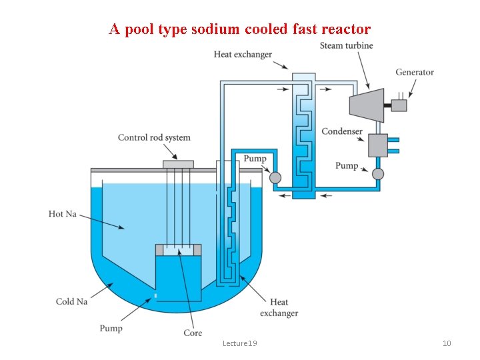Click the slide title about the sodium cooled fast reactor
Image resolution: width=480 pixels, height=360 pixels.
[x=240, y=29]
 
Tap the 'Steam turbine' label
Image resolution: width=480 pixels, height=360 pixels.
[x=346, y=45]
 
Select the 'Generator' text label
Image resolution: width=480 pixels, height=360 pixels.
[x=414, y=72]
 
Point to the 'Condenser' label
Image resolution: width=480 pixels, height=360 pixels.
[x=341, y=131]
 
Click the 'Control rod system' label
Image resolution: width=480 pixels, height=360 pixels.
[x=154, y=138]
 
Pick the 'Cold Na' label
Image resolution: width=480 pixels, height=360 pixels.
[x=71, y=301]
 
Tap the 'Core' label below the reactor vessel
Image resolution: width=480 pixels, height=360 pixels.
[x=193, y=333]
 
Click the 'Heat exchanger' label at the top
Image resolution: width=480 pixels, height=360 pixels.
[x=243, y=54]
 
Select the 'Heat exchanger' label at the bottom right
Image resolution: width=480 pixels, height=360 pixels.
[x=279, y=308]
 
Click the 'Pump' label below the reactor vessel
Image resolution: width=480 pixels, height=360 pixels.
[x=111, y=328]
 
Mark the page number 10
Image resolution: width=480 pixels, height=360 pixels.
[x=447, y=343]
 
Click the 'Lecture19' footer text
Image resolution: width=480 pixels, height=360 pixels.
[x=240, y=343]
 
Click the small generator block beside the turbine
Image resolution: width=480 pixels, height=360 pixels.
[x=398, y=105]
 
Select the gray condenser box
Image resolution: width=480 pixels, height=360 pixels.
[x=377, y=145]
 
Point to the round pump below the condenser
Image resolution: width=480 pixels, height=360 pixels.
[x=378, y=174]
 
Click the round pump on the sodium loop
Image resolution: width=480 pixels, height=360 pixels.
[x=275, y=177]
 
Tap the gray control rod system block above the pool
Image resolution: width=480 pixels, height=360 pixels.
[x=178, y=164]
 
